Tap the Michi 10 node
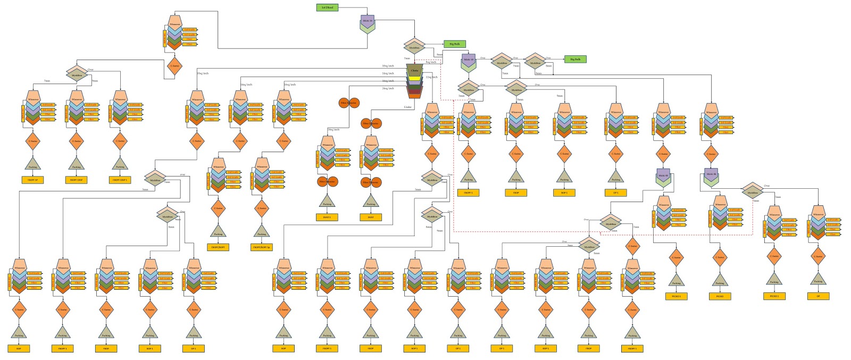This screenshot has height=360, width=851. coord(469,60)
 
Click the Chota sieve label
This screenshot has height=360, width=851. coord(414,70)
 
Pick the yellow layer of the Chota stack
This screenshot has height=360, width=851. coord(414,78)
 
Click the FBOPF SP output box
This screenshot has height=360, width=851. coord(32,180)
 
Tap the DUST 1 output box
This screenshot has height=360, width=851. coord(327,217)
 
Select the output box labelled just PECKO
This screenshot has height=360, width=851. coord(720,296)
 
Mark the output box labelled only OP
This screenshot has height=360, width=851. coord(818,296)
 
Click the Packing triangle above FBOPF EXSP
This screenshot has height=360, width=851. coord(77,164)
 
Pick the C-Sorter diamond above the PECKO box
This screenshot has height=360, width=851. coord(720,257)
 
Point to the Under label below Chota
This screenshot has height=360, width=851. coord(408,106)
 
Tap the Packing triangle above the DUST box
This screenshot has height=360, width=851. coord(371,202)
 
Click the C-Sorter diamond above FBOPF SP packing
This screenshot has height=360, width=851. coord(33,141)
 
